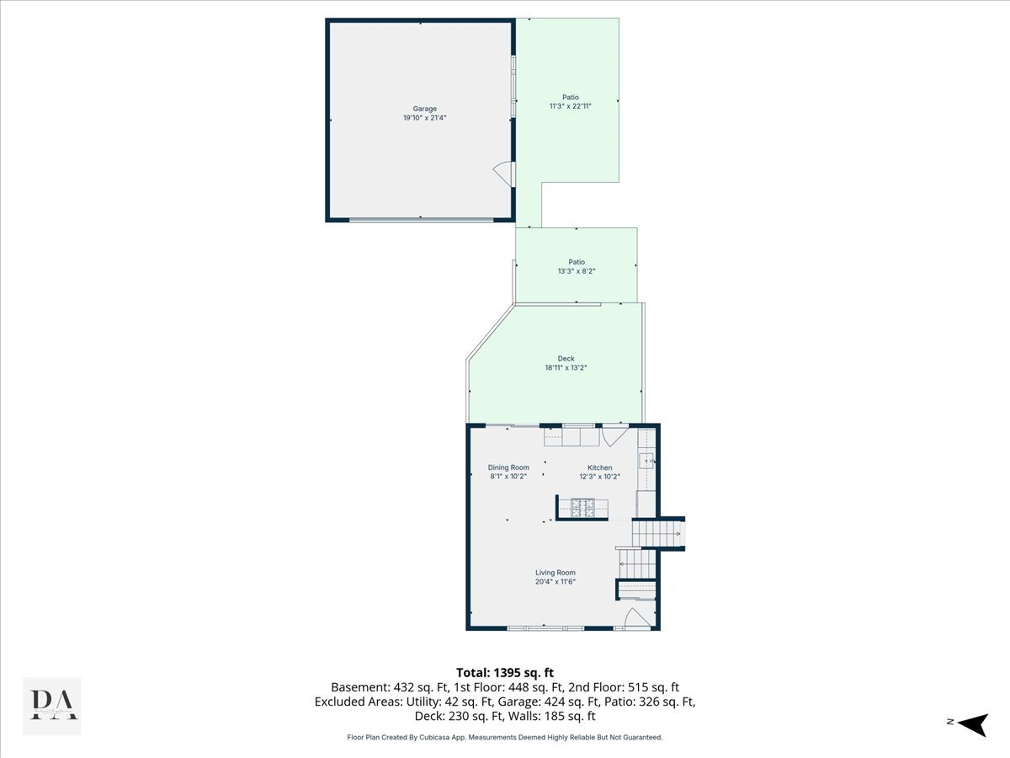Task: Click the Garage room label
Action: click(x=424, y=109)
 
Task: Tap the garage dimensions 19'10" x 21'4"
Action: click(x=425, y=118)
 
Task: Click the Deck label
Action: click(x=566, y=359)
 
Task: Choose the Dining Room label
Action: click(x=508, y=467)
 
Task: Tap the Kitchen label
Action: click(x=599, y=467)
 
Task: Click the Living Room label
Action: click(x=555, y=573)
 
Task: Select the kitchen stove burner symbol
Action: click(x=582, y=508)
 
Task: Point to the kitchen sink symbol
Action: click(x=646, y=461)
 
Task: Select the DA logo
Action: click(x=52, y=706)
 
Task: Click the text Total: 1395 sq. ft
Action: click(x=505, y=673)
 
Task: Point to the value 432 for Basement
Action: click(x=402, y=687)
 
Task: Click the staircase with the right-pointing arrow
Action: click(x=658, y=533)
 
